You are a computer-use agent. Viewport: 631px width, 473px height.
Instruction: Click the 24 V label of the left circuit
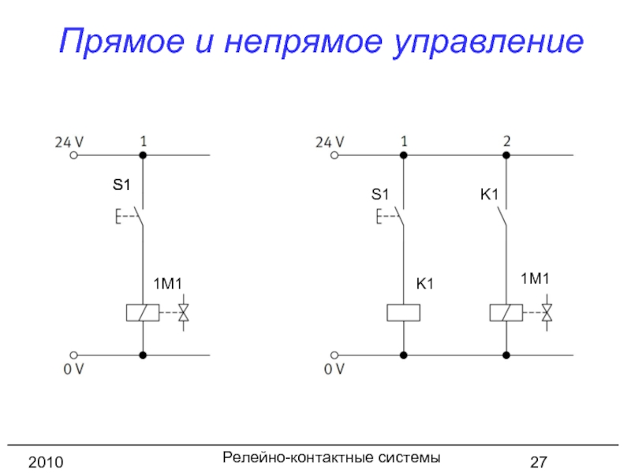[69, 142]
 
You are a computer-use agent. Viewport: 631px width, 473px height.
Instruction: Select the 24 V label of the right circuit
[330, 142]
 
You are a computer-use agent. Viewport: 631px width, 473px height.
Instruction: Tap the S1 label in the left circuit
[120, 186]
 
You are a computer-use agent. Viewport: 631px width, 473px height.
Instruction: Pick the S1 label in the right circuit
[380, 193]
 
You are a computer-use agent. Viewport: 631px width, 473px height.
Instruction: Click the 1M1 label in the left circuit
[167, 283]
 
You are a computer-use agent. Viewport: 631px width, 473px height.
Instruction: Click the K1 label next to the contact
[489, 193]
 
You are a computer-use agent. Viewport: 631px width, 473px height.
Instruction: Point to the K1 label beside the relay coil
[426, 283]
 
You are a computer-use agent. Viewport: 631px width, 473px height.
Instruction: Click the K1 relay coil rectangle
[403, 313]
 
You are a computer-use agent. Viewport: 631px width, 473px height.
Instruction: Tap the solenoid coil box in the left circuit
[143, 313]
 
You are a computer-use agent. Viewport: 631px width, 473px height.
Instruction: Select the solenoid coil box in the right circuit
[506, 313]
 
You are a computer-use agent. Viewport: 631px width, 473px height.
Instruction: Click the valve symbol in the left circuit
[184, 313]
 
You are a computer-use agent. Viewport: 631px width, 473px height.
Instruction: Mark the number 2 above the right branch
[507, 141]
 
